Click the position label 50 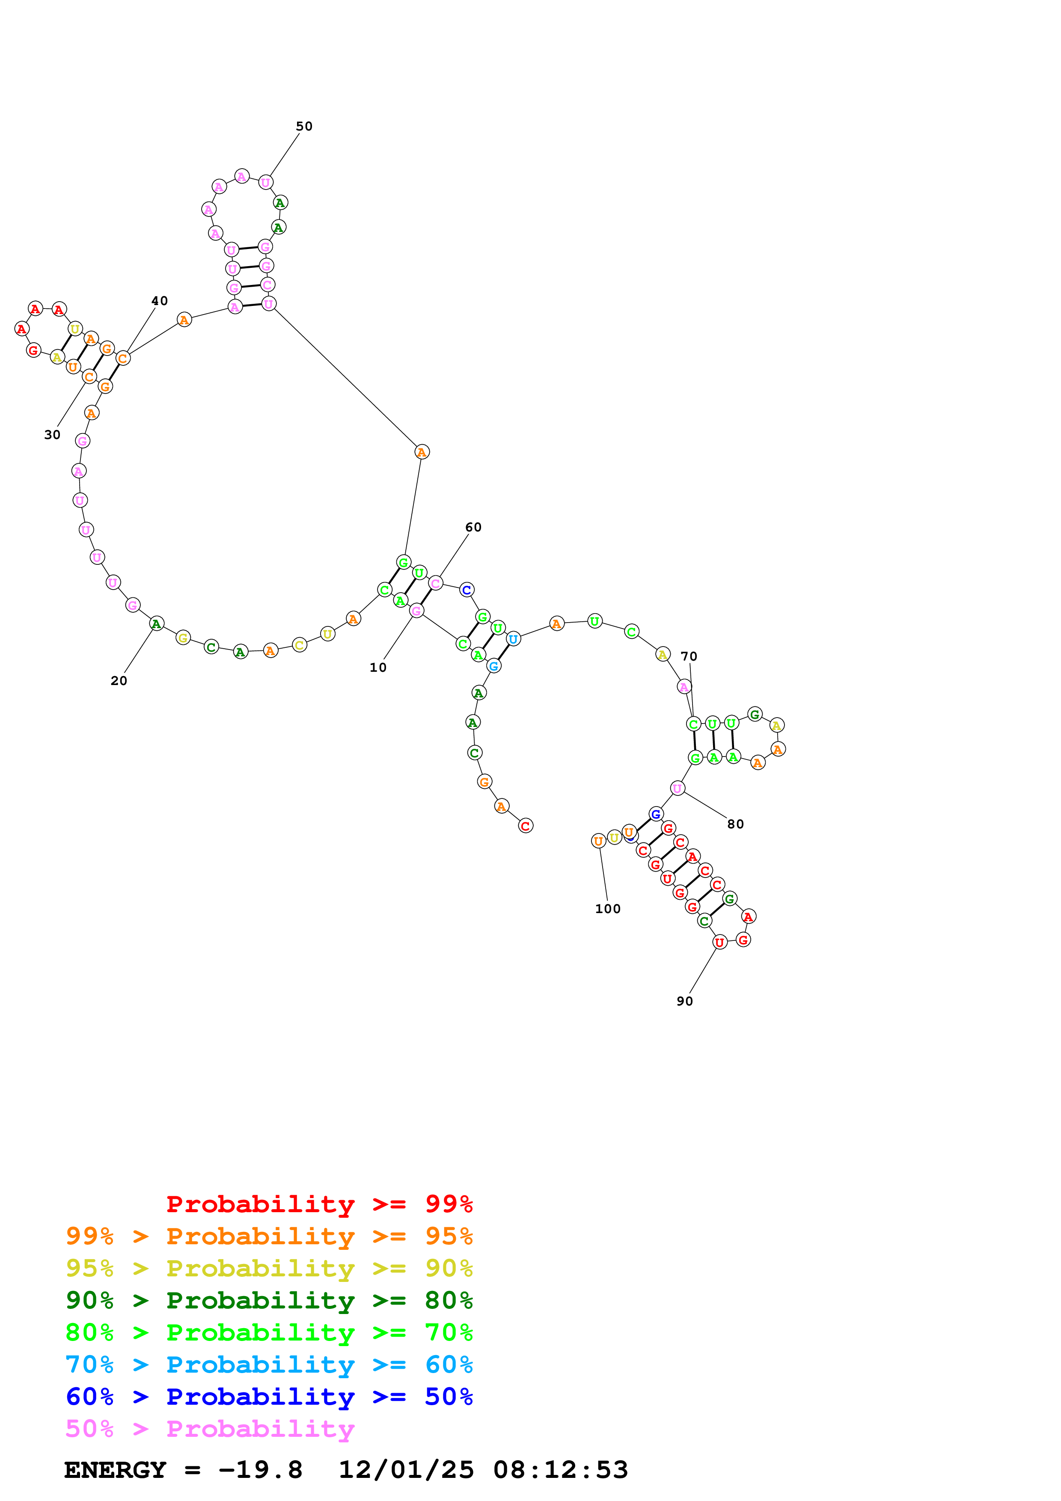tap(304, 126)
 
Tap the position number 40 tap(160, 301)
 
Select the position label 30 tap(52, 435)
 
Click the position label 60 tap(473, 527)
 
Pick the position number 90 tap(684, 1001)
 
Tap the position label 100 tap(607, 909)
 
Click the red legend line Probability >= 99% tap(319, 1204)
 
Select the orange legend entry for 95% tap(269, 1236)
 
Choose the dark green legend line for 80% tap(269, 1300)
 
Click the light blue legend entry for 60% tap(269, 1365)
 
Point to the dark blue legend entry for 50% tap(269, 1397)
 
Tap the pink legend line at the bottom tap(210, 1428)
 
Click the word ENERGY tap(115, 1470)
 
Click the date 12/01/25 tap(406, 1470)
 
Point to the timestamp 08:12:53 tap(560, 1470)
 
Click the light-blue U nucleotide tap(513, 639)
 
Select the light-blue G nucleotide tap(493, 665)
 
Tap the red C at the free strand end tap(526, 826)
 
